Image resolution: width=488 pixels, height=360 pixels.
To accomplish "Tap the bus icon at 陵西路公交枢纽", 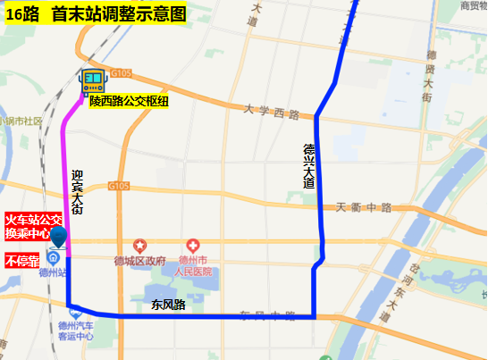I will (94, 83).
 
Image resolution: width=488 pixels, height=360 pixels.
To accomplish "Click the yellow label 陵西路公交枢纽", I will (129, 101).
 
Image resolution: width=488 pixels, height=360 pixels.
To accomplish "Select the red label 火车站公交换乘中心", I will (34, 225).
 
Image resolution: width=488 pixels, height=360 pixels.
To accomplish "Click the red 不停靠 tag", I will (22, 262).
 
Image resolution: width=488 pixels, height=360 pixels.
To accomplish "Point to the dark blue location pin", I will (60, 238).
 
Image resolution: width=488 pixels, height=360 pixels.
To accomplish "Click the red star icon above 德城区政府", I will (139, 245).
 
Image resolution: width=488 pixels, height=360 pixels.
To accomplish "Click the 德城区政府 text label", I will (140, 261).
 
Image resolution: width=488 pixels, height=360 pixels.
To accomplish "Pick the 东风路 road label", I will (168, 305).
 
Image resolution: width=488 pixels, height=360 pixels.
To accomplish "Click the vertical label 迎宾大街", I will (77, 192).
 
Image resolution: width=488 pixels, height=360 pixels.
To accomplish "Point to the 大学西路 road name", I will (272, 112).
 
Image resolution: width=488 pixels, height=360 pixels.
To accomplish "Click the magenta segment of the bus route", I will (64, 179).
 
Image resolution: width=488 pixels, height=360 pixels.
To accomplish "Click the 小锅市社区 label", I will (21, 121).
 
